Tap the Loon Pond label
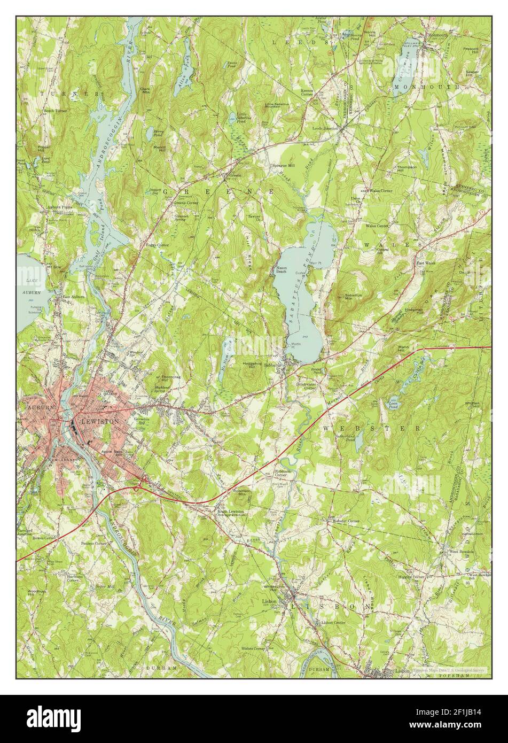tap(394, 402)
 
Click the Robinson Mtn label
tap(243, 493)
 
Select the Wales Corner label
tap(380, 190)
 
